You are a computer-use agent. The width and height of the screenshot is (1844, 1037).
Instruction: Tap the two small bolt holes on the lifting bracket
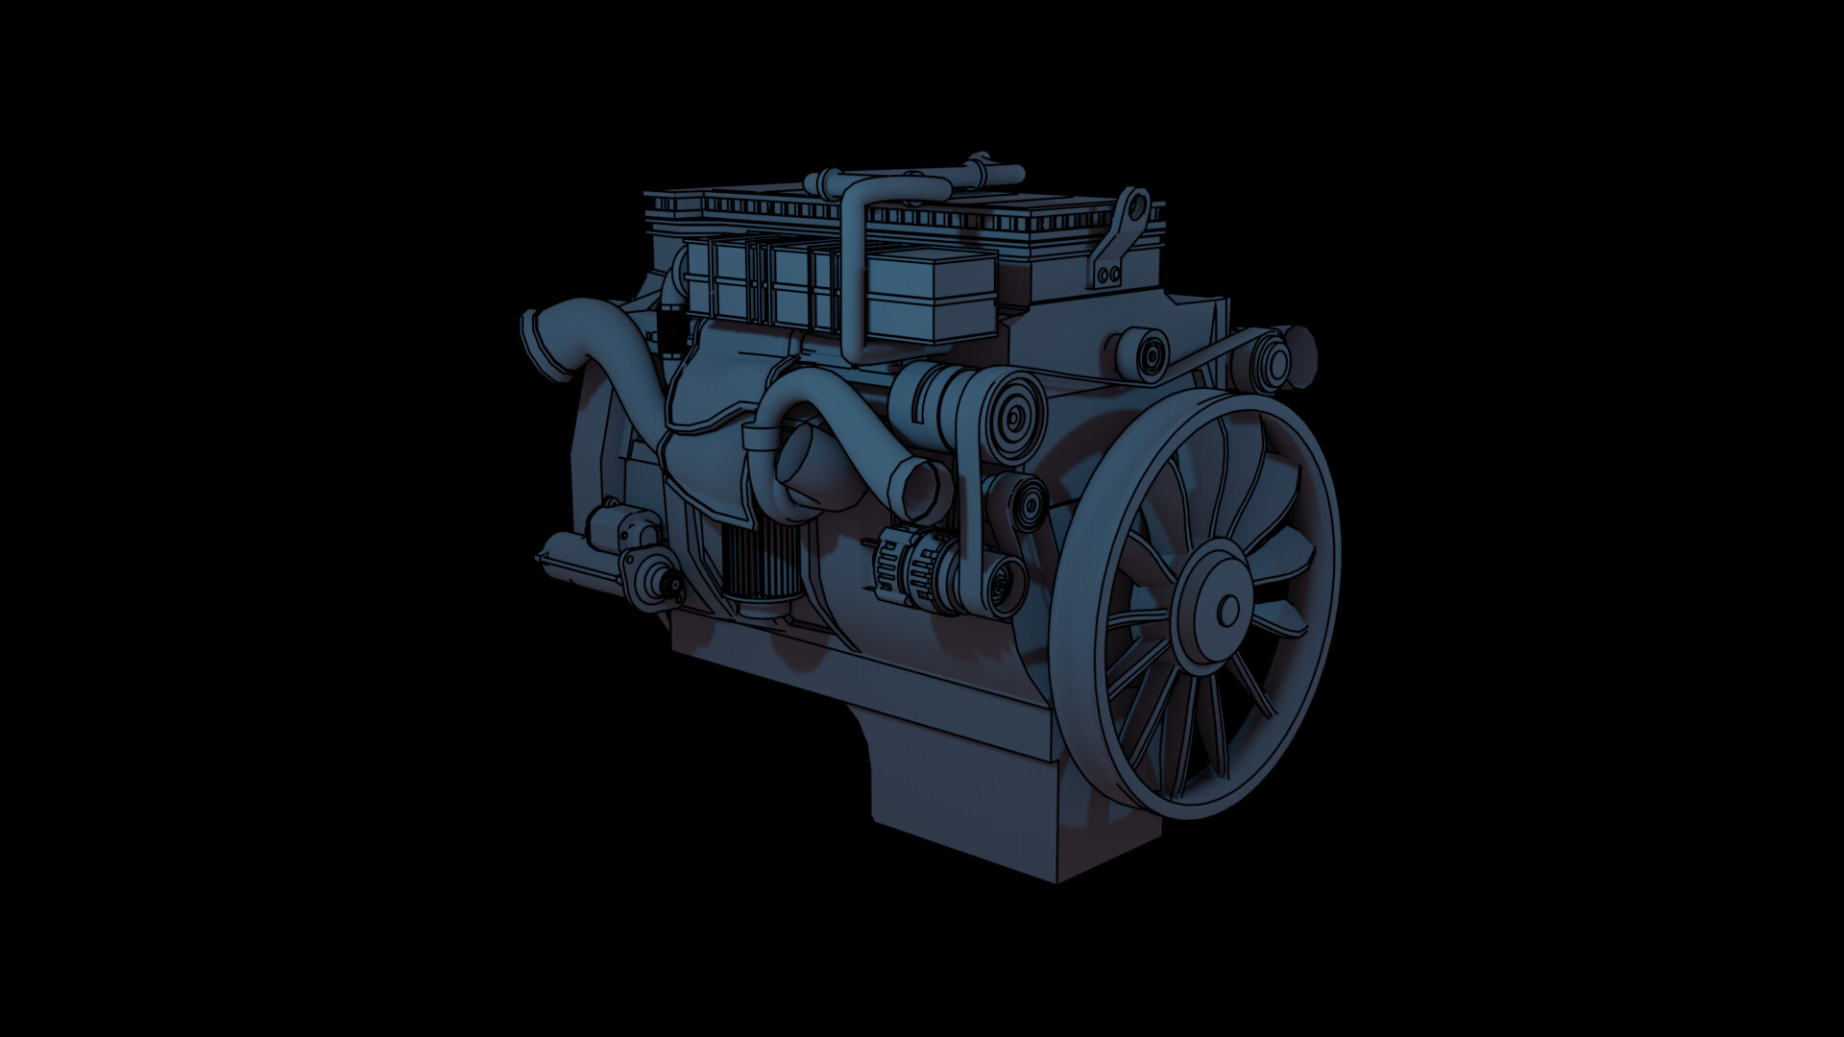[x=1108, y=275]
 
